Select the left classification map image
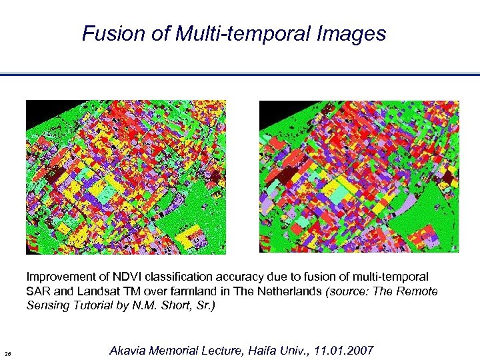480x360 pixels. pos(125,177)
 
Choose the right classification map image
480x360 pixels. pos(359,177)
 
